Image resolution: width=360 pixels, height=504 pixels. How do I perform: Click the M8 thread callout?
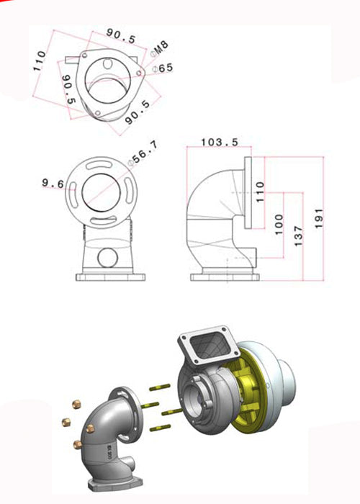click(x=163, y=48)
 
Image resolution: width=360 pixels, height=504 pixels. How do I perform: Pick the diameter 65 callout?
click(x=165, y=68)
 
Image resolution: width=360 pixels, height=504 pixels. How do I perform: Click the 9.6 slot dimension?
click(x=52, y=184)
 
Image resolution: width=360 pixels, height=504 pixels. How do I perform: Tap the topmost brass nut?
click(x=76, y=404)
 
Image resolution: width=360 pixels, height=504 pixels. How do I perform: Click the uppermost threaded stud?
click(x=160, y=389)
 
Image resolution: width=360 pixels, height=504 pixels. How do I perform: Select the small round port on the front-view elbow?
click(x=107, y=257)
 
